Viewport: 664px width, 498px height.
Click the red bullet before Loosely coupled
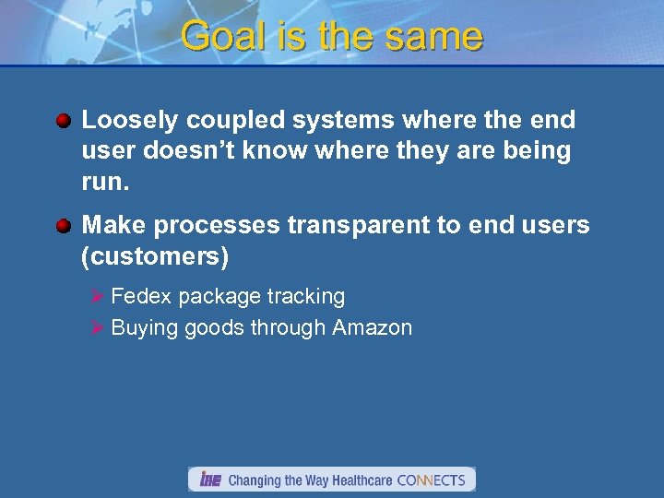pos(63,121)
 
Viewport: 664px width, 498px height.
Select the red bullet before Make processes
pos(63,225)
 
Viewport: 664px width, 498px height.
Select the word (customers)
pos(155,256)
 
